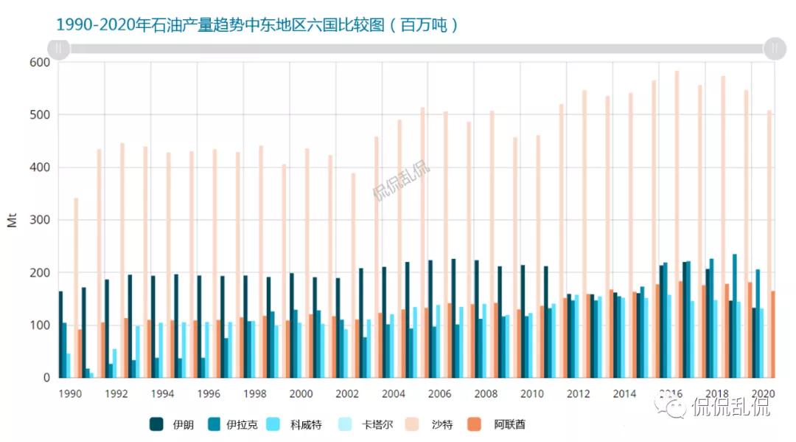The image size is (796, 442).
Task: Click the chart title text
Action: pos(257,24)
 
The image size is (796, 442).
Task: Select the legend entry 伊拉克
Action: pos(234,424)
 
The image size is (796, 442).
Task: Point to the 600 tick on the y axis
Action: pos(40,63)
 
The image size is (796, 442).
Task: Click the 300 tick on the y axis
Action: pos(40,220)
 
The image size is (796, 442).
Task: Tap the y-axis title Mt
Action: pos(13,220)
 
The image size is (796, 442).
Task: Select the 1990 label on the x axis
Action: pos(71,393)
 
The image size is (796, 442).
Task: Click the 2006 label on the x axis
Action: pos(440,393)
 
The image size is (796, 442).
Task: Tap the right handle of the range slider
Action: pos(775,49)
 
